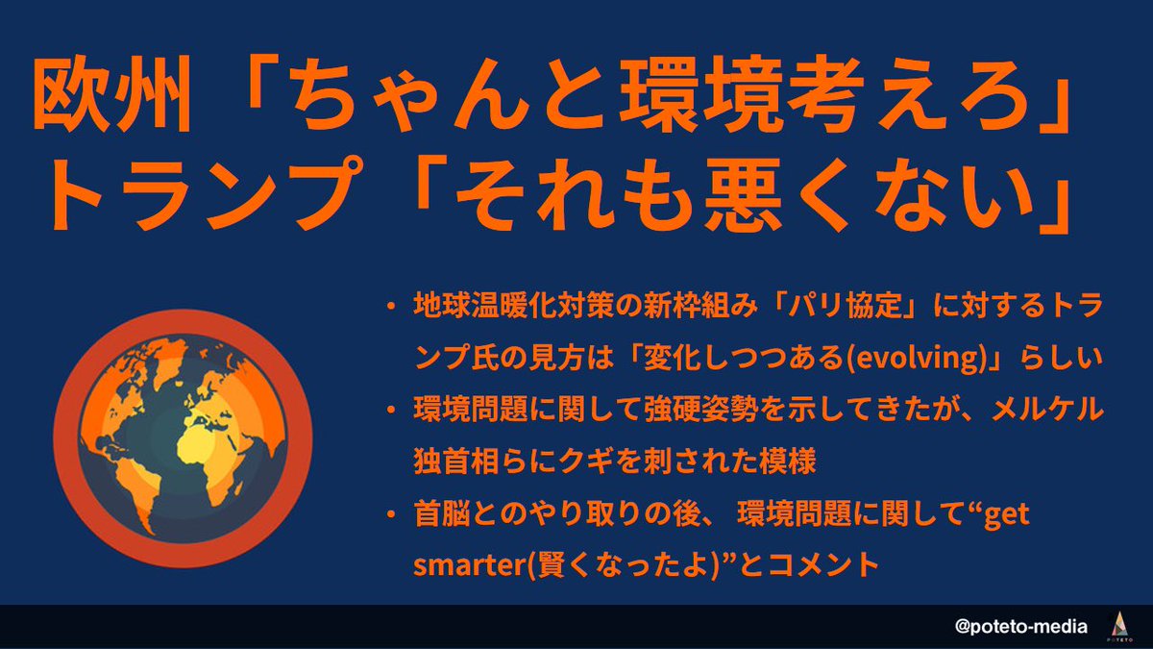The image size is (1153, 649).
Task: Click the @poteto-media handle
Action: pyautogui.click(x=1020, y=626)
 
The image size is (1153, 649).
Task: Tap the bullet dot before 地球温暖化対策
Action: pyautogui.click(x=392, y=306)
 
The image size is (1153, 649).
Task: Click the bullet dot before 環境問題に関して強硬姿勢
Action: pyautogui.click(x=392, y=410)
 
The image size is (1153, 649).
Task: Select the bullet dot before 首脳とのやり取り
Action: pyautogui.click(x=392, y=514)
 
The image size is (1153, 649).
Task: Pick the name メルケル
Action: pyautogui.click(x=1047, y=410)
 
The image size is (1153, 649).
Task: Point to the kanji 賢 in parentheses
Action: pyautogui.click(x=551, y=565)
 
